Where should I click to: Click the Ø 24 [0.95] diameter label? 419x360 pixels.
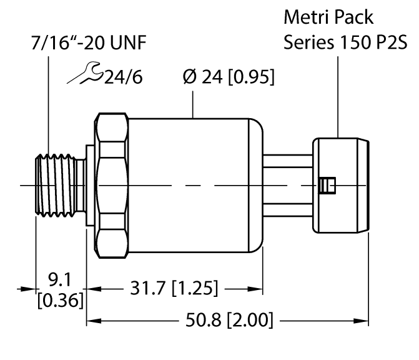click(x=227, y=79)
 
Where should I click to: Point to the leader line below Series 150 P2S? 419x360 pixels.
click(x=338, y=94)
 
